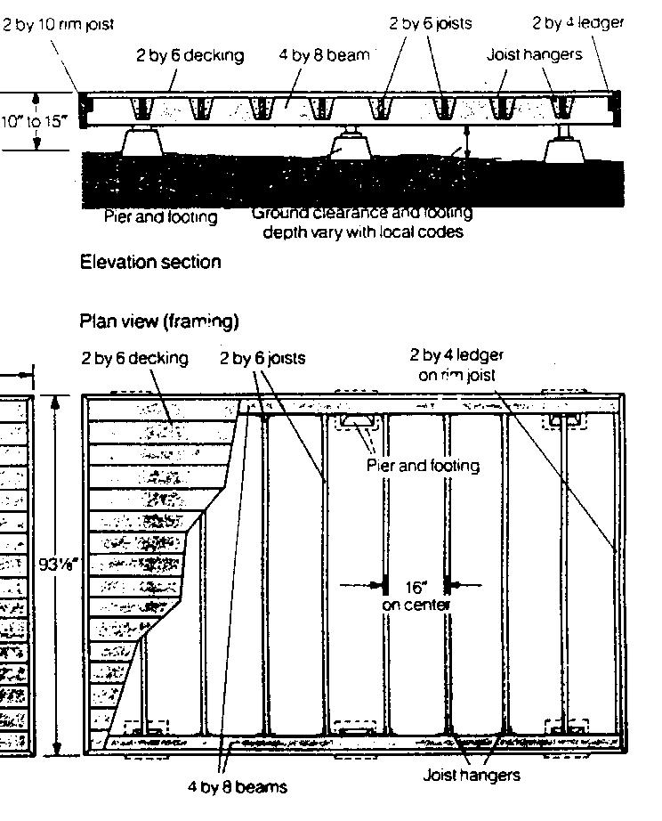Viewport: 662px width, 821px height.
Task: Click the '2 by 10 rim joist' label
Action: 59,25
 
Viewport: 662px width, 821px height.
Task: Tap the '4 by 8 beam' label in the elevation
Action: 330,55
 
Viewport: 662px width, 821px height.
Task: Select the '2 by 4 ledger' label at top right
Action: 577,23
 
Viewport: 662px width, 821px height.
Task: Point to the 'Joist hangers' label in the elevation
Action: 534,55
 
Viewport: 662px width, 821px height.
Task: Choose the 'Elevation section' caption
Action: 150,262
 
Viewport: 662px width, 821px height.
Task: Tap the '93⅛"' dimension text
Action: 57,564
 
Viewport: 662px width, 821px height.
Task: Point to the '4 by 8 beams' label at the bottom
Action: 237,787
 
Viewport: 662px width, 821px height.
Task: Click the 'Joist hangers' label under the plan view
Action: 471,775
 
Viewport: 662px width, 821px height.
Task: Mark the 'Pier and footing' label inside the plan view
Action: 423,466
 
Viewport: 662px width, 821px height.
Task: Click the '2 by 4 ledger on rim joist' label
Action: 456,365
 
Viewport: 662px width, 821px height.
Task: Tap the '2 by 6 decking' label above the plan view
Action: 135,359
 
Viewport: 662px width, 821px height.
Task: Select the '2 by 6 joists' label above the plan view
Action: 262,359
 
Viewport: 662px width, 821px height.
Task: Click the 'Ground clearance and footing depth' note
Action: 362,223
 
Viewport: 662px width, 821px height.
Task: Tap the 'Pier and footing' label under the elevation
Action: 160,216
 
